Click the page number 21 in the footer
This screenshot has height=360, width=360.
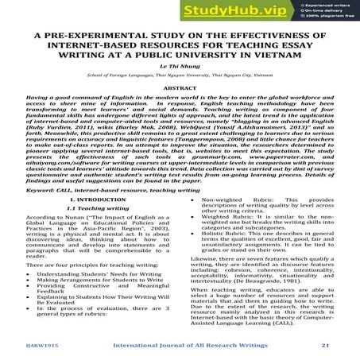325,345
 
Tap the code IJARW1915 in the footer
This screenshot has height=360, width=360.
44,345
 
